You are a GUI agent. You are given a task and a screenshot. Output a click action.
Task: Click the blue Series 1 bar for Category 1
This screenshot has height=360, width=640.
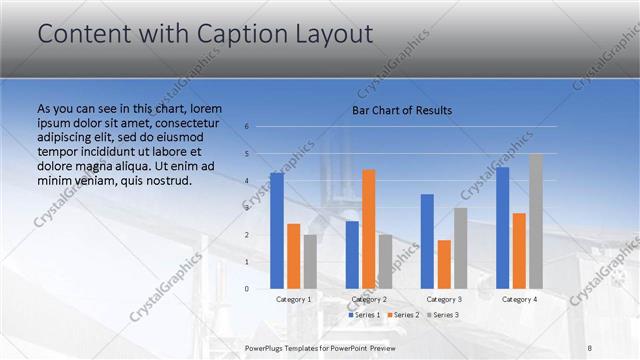point(277,231)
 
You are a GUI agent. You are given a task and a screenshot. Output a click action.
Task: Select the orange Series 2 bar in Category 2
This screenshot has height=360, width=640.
point(369,229)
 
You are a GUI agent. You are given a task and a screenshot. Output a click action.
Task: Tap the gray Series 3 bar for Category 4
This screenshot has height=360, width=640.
point(536,221)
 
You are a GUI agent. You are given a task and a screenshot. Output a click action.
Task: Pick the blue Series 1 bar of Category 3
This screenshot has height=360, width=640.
point(427,241)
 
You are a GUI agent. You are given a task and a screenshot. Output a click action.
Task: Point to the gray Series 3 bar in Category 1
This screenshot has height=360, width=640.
point(310,262)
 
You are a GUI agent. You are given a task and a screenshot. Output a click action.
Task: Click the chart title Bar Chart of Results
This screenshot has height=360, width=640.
point(402,110)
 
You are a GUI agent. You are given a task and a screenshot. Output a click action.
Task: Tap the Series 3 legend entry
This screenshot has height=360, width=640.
point(445,315)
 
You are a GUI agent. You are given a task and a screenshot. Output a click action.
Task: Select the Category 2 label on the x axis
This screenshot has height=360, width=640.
point(369,299)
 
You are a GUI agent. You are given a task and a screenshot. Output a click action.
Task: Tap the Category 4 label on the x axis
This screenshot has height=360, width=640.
point(519,299)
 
